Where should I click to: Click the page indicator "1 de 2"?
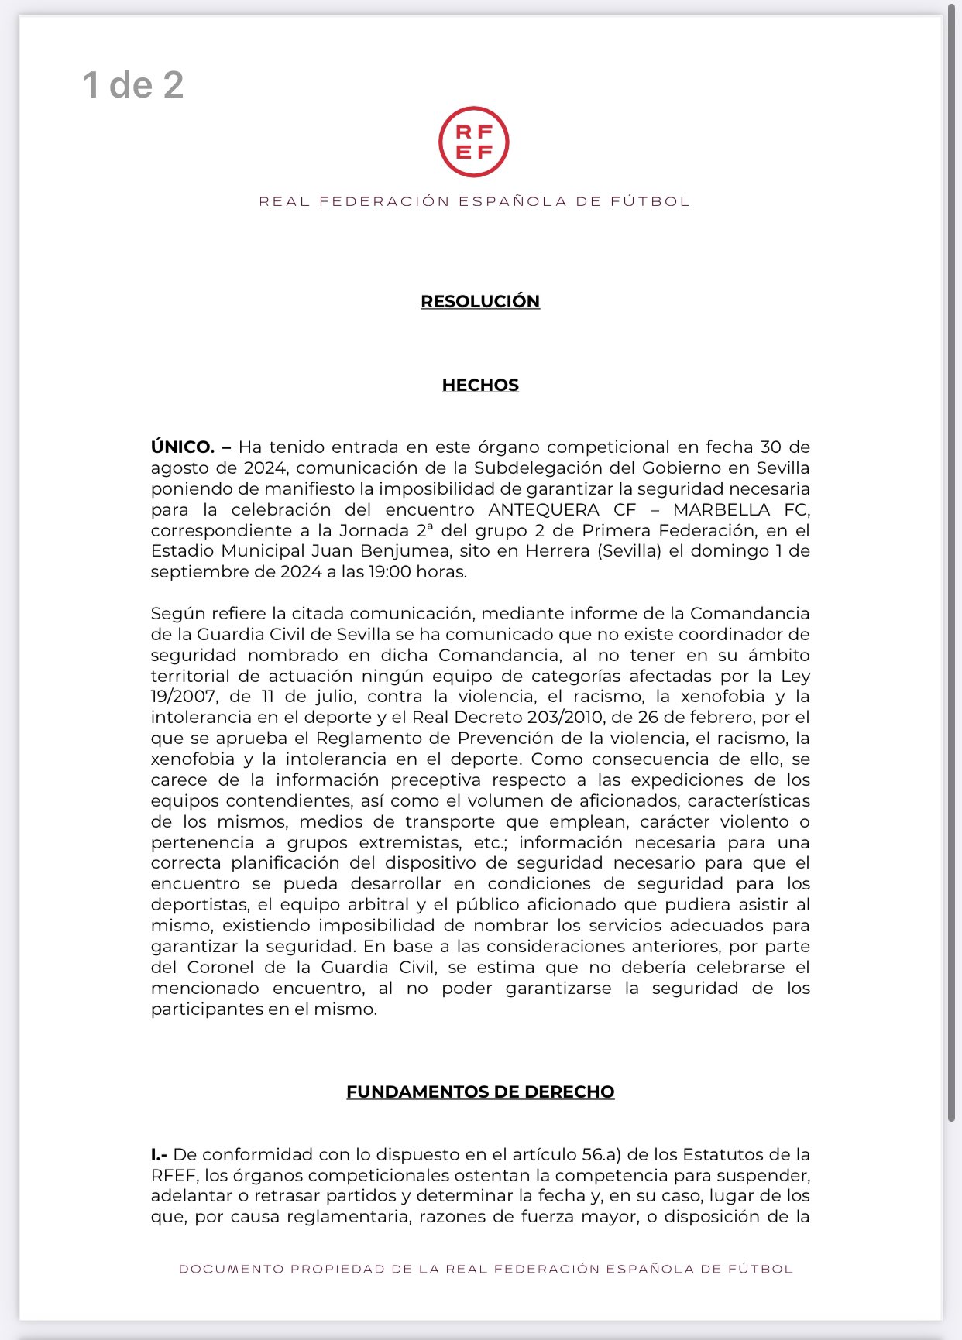click(133, 85)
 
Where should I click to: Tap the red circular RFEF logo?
click(473, 142)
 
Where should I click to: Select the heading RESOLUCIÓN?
click(480, 301)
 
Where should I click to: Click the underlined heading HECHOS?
click(480, 385)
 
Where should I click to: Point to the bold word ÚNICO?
click(183, 447)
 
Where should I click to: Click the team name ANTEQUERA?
click(544, 509)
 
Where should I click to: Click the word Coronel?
click(220, 968)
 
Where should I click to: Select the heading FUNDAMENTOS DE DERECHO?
click(480, 1092)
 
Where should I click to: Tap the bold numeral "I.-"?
click(160, 1154)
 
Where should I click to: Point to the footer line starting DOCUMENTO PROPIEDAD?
click(486, 1269)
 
